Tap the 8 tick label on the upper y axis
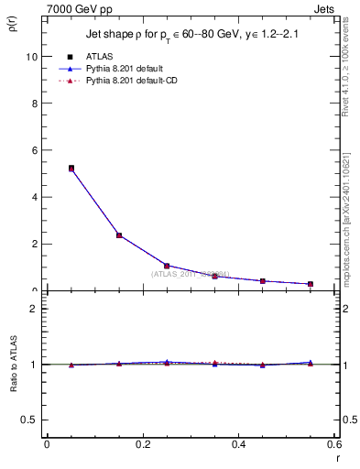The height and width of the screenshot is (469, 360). (34, 103)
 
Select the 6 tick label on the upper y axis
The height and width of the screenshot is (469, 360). (34, 150)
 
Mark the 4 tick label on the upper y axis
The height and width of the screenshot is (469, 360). (34, 197)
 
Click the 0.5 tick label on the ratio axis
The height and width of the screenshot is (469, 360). (29, 420)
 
